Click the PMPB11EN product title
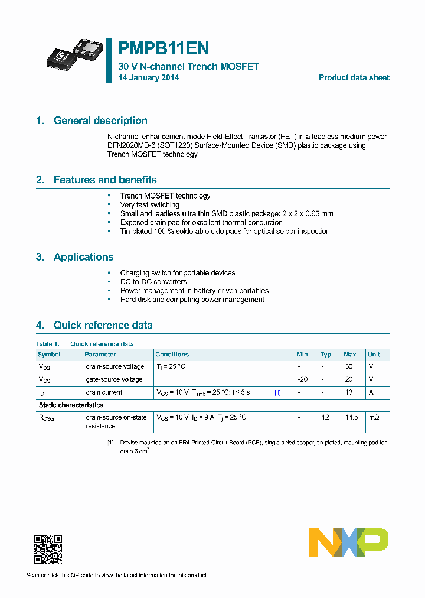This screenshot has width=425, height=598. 164,48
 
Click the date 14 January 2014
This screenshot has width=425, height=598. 149,78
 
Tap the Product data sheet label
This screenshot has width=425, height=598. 354,78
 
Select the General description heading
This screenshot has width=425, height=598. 100,121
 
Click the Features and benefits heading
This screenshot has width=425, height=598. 105,180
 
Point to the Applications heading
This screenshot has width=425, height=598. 83,257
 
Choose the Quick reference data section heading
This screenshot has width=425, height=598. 103,325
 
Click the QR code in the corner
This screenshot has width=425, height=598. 48,549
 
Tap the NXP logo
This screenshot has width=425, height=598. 349,542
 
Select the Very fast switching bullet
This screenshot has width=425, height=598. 149,205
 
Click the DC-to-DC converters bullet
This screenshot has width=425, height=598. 153,282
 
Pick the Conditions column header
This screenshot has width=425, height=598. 172,355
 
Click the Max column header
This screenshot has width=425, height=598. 349,355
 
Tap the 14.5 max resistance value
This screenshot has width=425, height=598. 351,417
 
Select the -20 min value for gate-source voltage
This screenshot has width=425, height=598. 302,379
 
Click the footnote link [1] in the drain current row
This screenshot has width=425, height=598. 277,392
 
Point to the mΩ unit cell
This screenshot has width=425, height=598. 374,417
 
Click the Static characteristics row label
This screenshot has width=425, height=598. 71,405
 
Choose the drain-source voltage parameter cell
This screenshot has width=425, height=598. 115,366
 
